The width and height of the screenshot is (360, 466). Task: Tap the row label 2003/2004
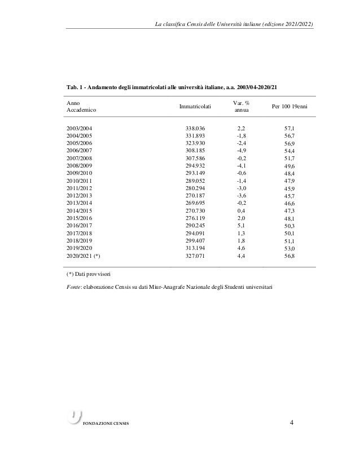click(x=79, y=129)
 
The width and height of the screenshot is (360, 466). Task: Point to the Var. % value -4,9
click(x=241, y=151)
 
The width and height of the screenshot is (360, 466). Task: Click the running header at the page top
click(x=234, y=24)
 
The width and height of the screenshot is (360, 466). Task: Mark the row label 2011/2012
click(x=79, y=188)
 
